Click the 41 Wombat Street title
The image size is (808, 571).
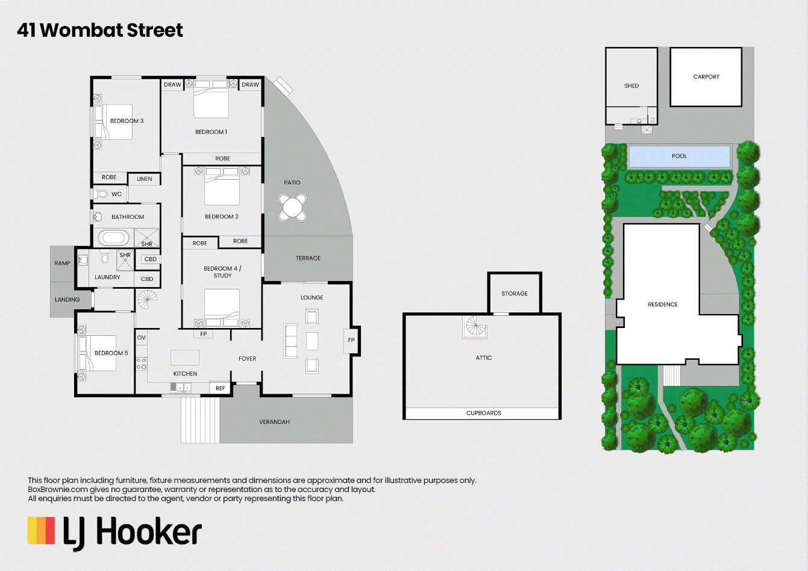coord(100,30)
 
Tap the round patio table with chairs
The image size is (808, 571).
coord(292,207)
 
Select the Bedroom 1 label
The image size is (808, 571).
coord(211,132)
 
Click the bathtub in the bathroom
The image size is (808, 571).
coord(114,238)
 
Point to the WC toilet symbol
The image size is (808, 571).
coord(101,194)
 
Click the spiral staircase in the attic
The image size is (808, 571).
coord(475,326)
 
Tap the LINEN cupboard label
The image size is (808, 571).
coord(144,179)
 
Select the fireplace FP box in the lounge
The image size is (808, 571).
coord(351,340)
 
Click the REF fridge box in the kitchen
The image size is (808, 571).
coord(221,388)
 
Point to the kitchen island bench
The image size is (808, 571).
coord(185,358)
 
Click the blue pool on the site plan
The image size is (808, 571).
coord(679,157)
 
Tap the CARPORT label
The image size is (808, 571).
coord(706,77)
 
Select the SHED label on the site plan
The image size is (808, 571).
coord(631,86)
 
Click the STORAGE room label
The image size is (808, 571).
coord(515,294)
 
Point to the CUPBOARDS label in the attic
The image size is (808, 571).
coord(483,413)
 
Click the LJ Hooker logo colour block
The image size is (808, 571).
coord(41,531)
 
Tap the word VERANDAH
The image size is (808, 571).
coord(274,422)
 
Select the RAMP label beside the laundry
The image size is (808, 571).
coord(63,263)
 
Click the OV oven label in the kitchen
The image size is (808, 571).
coord(142,338)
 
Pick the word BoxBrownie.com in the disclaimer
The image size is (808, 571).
coord(58,490)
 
